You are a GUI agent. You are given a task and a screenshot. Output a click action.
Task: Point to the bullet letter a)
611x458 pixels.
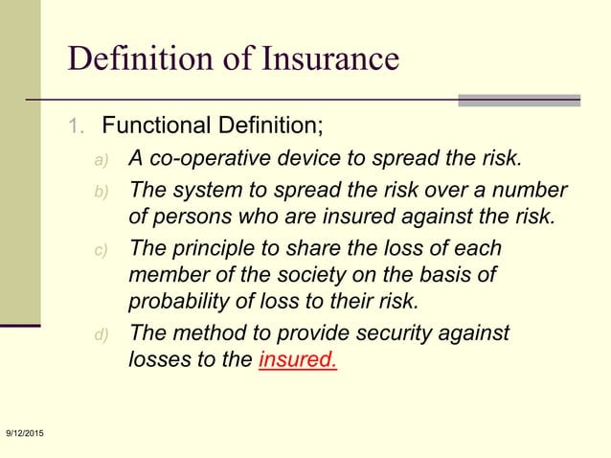tap(102, 159)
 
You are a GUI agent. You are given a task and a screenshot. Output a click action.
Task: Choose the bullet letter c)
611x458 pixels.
tap(102, 251)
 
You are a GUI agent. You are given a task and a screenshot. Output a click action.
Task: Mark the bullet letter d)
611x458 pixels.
tap(102, 335)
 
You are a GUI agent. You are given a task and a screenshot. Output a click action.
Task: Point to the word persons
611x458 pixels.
tap(191, 215)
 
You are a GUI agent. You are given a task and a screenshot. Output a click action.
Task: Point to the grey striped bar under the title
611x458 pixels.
tap(519, 100)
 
